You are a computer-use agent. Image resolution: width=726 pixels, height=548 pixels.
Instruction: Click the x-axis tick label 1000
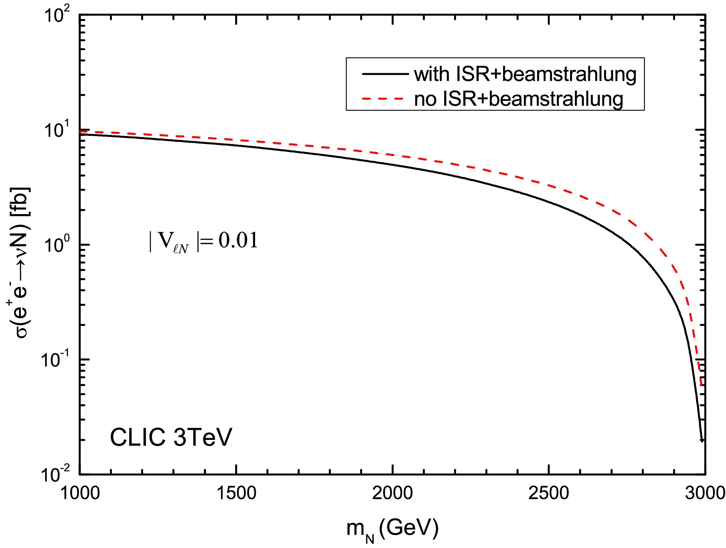click(80, 494)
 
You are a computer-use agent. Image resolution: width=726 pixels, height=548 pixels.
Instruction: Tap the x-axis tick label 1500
click(236, 494)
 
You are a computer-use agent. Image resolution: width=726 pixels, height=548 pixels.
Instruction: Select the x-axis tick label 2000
click(392, 494)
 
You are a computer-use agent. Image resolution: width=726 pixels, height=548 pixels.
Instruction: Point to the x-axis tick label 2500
click(549, 494)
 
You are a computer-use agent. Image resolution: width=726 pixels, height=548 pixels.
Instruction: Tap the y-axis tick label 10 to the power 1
click(57, 130)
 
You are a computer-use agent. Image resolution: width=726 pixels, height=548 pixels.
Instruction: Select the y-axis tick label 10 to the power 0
click(57, 245)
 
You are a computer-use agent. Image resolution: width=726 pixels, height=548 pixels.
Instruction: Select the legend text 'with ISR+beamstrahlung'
click(525, 74)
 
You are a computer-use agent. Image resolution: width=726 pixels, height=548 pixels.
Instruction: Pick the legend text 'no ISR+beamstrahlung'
click(518, 99)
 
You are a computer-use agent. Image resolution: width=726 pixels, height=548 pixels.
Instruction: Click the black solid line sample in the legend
click(385, 74)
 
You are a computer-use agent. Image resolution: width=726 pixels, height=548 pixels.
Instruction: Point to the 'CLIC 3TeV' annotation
click(171, 437)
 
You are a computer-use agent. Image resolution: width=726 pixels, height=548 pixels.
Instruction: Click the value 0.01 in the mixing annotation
click(238, 240)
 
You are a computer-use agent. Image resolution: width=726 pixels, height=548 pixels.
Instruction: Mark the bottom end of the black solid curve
click(702, 441)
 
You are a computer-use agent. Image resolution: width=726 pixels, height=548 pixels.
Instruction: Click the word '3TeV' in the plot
click(202, 437)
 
